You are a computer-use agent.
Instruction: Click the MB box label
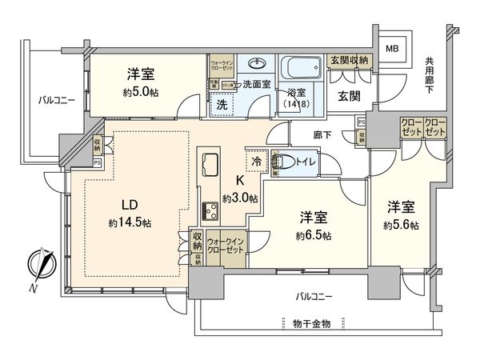[392, 49]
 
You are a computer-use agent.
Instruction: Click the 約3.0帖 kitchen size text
[239, 198]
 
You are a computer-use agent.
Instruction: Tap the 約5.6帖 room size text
[401, 226]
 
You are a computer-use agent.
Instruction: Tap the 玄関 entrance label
[348, 97]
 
